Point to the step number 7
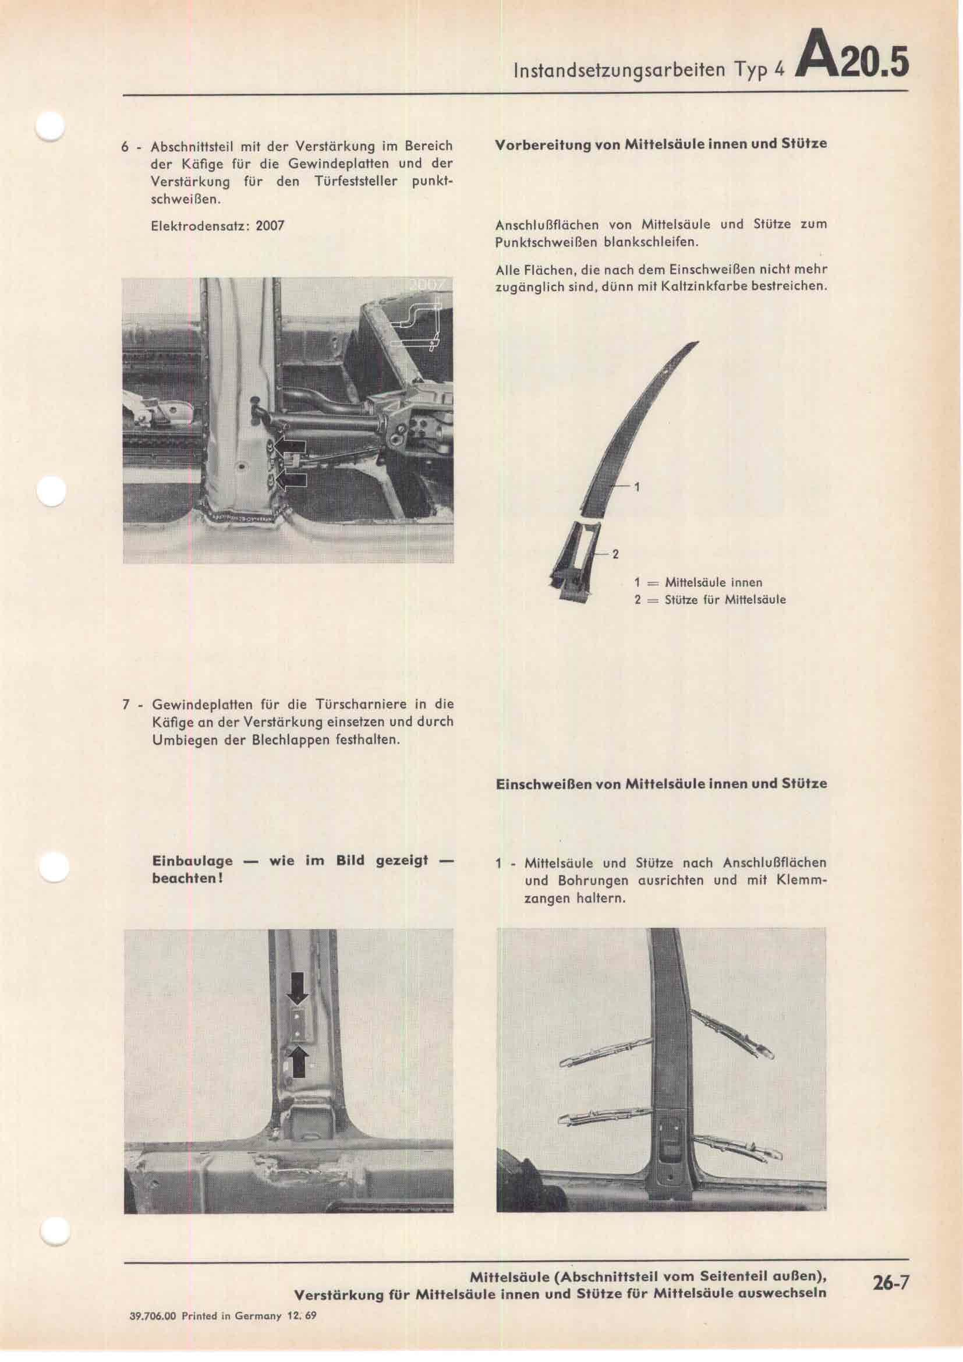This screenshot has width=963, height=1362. click(x=126, y=705)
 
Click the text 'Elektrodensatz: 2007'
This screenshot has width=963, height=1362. click(x=218, y=226)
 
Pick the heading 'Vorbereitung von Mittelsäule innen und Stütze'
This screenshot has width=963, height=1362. click(x=661, y=144)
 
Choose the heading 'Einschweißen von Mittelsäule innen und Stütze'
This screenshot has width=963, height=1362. click(x=661, y=784)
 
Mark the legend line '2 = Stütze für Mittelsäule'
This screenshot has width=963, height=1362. click(x=710, y=600)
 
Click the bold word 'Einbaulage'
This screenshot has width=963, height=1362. click(x=192, y=861)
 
